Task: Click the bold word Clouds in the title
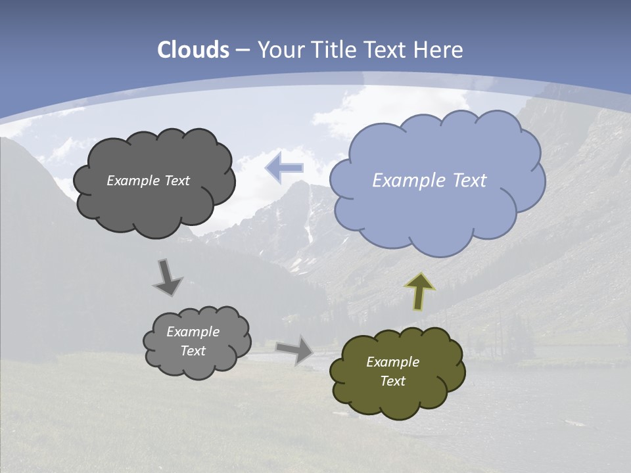[x=193, y=50]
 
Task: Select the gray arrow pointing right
[x=294, y=349]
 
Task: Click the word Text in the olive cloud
[x=392, y=381]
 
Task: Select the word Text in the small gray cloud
[x=193, y=351]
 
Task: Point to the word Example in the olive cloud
[x=392, y=362]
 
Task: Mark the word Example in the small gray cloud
[x=193, y=332]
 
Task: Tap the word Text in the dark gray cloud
[x=177, y=181]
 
